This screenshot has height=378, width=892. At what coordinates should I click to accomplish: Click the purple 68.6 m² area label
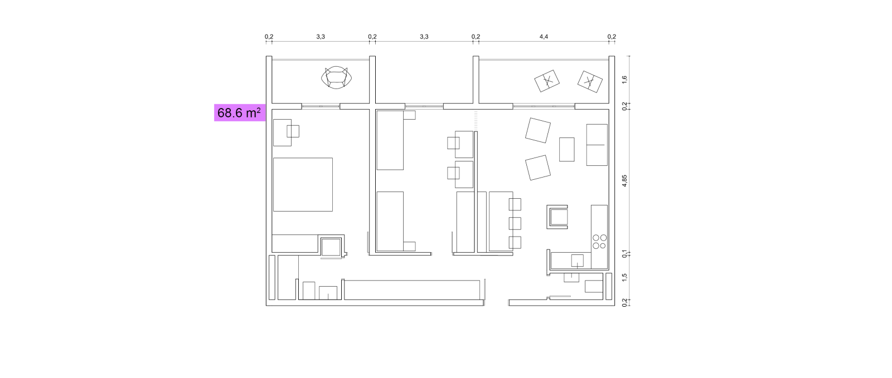coord(240,113)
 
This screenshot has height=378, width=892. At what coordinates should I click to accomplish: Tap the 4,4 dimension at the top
coord(544,37)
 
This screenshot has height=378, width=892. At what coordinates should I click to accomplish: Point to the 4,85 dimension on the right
coord(624,181)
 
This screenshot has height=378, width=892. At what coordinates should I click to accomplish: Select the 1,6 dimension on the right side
coord(624,80)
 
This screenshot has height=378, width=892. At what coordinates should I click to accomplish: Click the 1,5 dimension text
coord(624,276)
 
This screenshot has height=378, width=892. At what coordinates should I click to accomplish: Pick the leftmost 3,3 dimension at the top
coord(321,37)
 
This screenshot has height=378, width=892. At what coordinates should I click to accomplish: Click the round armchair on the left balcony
coord(337,77)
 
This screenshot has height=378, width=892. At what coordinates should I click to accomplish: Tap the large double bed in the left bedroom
coord(303,184)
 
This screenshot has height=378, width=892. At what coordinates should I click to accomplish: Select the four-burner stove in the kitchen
coord(599,242)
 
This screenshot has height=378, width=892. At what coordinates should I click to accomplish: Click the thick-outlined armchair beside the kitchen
coord(557,217)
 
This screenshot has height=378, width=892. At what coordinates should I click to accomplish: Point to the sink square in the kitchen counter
coord(578,261)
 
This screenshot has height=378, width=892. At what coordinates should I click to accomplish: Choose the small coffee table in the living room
coord(566,149)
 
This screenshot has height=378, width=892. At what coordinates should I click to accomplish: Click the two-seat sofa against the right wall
coord(597,145)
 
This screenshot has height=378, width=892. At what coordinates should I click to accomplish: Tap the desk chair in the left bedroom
coord(293,131)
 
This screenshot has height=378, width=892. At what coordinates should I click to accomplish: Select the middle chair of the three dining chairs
coord(515,223)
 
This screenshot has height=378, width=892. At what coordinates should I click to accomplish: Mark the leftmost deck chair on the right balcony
coord(547,81)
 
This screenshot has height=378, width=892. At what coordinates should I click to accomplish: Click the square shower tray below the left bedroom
coord(331,247)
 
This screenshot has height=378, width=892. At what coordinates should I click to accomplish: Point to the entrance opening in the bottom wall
coord(496,303)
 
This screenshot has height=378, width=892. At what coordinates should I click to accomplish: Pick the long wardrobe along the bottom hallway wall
coord(412,289)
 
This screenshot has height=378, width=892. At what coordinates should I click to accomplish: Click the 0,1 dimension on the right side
coord(624,254)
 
